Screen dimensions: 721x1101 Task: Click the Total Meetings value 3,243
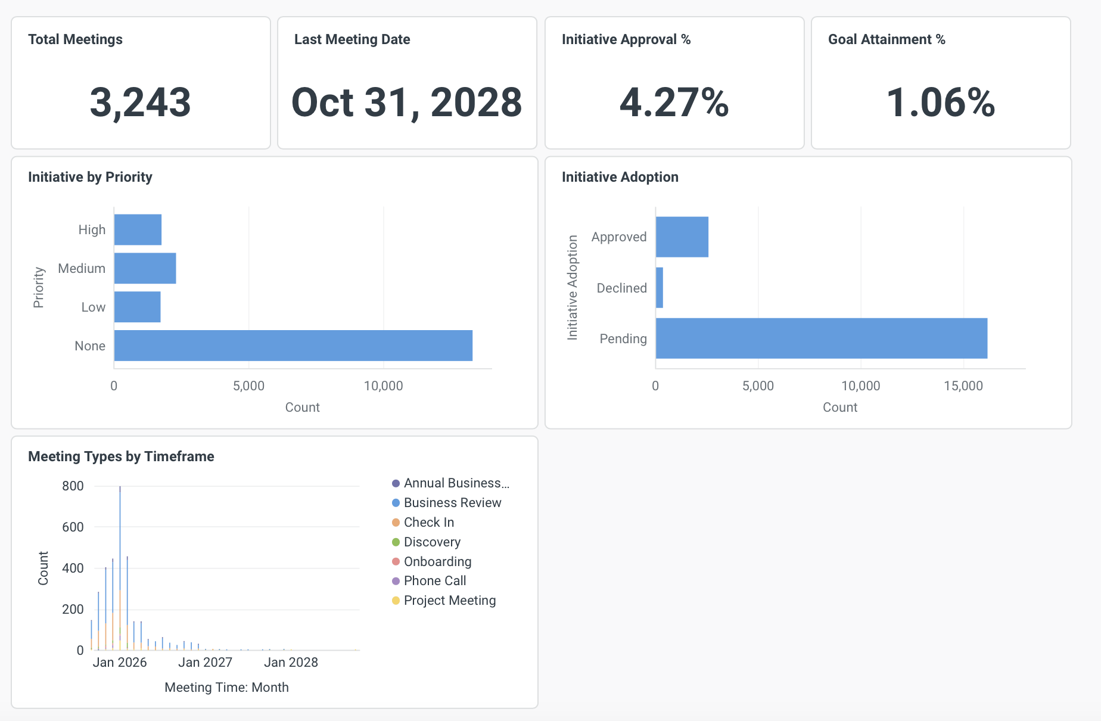click(140, 102)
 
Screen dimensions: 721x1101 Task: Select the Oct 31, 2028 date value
click(406, 102)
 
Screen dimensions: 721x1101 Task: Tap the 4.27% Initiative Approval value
click(674, 102)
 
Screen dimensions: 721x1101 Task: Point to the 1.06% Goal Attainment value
click(940, 102)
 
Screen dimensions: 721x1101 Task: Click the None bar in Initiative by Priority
click(293, 346)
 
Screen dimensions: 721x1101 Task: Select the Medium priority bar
click(145, 268)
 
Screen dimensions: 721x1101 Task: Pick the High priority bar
click(138, 229)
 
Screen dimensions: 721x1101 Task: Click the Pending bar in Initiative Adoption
click(821, 338)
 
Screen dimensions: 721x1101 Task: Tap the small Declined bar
click(660, 288)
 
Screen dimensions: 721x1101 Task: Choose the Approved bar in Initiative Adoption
click(682, 237)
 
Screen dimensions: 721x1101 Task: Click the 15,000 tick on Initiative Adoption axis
click(963, 386)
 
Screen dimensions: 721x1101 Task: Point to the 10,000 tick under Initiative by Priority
click(383, 386)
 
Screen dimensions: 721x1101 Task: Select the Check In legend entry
click(428, 523)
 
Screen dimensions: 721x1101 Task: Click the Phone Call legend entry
click(434, 581)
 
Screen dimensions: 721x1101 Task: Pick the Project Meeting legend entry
click(449, 601)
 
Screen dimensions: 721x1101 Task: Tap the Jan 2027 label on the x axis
click(205, 662)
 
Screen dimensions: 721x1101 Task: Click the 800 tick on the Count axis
click(73, 486)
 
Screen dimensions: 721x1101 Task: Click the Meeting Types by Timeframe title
click(121, 456)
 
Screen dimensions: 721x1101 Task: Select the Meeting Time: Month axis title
click(226, 687)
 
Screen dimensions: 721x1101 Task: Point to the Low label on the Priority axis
click(93, 307)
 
